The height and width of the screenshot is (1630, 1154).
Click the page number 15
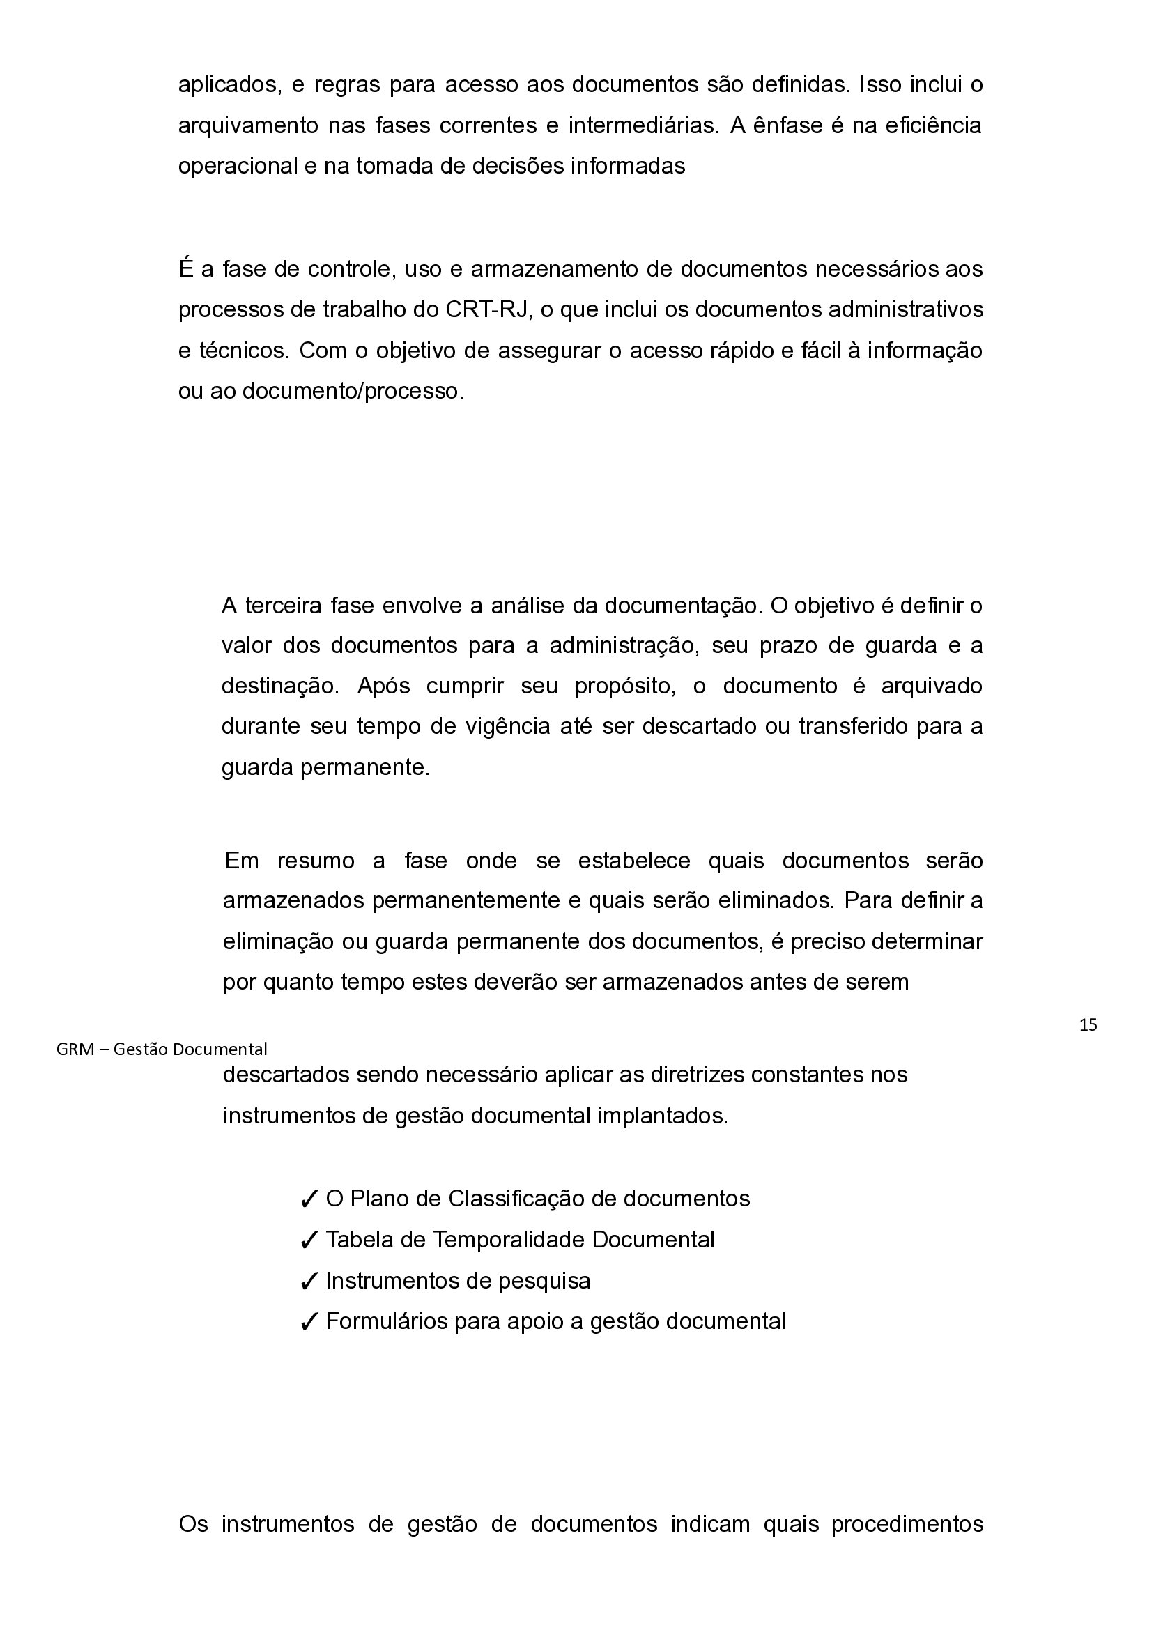(1088, 1024)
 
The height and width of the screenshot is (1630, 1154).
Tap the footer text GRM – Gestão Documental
(161, 1049)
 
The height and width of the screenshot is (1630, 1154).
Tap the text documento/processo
(353, 391)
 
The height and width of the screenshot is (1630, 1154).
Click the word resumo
(316, 861)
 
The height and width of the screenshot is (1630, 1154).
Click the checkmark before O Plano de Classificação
(309, 1199)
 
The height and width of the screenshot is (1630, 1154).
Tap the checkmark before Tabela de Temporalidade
(309, 1240)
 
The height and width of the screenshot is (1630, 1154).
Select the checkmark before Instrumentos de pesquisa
(309, 1281)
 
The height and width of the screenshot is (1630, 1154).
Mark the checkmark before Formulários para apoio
(309, 1321)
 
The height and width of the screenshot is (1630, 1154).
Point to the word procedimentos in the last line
(907, 1544)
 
